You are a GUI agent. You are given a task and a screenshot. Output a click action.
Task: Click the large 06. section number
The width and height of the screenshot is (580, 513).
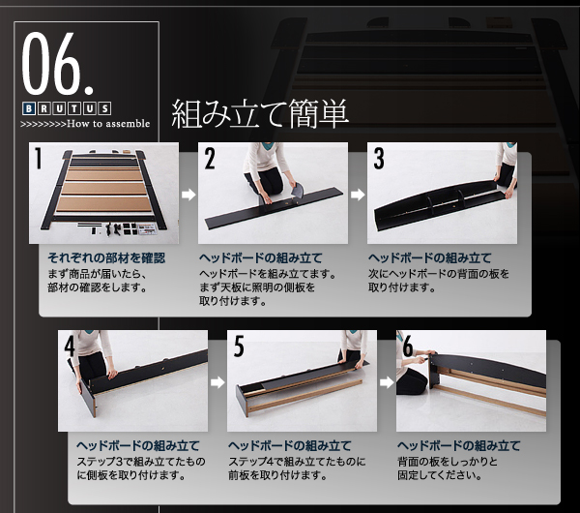[x=58, y=63]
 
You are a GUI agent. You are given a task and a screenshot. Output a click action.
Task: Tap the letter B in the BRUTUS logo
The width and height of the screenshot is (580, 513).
[x=29, y=109]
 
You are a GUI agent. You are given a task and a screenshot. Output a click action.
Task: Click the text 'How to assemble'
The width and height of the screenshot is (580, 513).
[x=108, y=123]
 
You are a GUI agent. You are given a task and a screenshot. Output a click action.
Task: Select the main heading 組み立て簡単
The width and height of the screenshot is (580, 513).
[x=260, y=113]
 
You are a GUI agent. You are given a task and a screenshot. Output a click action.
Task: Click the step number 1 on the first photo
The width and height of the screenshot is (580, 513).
[x=38, y=158]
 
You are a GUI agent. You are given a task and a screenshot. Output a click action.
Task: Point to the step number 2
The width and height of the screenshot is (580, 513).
[x=210, y=158]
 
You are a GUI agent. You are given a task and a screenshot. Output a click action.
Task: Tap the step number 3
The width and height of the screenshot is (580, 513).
[x=379, y=158]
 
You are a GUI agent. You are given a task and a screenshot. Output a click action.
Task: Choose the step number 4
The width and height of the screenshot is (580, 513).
[x=70, y=346]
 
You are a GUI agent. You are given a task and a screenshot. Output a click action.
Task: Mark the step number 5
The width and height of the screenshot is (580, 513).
[x=239, y=346]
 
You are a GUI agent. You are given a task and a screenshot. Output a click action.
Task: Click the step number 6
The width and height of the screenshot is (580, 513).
[x=408, y=346]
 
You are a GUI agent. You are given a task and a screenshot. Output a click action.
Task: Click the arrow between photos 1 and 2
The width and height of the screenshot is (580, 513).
[x=188, y=195]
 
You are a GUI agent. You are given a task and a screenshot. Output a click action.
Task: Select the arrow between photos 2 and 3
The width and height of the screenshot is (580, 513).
[x=358, y=195]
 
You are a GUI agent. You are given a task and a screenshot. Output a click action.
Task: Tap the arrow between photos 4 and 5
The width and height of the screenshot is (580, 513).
[x=217, y=382]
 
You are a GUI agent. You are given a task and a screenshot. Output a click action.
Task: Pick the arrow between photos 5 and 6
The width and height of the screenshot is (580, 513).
[x=387, y=382]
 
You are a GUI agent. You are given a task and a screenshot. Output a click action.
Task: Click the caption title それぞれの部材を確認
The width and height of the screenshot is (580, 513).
[x=106, y=257]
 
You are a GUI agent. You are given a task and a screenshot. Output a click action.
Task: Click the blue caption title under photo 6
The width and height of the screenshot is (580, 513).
[x=458, y=445]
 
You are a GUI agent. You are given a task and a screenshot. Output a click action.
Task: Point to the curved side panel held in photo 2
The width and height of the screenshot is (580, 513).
[x=298, y=190]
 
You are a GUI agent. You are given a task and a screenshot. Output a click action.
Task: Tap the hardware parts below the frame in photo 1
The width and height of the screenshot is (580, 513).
[x=117, y=228]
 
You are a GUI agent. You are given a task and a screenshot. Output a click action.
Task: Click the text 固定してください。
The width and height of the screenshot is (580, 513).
[x=440, y=475]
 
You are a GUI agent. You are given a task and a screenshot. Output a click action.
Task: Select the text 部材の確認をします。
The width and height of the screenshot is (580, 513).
[x=98, y=287]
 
